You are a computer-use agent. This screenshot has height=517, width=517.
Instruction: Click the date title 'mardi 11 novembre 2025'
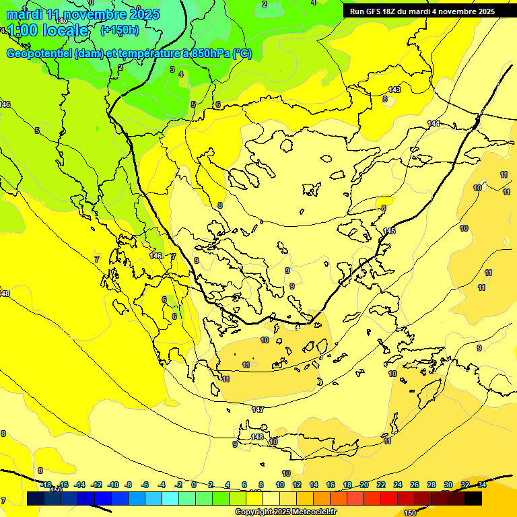(83, 14)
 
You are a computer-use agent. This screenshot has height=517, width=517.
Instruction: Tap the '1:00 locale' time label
(47, 30)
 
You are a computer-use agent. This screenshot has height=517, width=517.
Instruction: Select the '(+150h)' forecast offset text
(120, 30)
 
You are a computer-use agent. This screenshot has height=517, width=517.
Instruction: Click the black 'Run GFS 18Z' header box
(422, 11)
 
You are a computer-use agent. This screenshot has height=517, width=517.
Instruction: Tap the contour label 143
(394, 90)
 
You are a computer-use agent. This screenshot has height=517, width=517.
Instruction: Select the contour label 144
(434, 123)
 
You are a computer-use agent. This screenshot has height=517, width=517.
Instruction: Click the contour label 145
(389, 231)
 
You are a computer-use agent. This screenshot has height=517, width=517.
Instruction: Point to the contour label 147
(258, 409)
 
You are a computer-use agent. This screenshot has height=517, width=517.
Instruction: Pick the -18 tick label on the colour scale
(46, 485)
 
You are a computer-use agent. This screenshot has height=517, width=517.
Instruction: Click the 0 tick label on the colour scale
(194, 485)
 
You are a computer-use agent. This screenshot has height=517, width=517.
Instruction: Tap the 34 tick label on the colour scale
(482, 485)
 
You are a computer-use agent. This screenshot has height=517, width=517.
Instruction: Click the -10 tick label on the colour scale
(113, 485)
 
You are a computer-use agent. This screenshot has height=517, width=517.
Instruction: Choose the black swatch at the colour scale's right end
(473, 498)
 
